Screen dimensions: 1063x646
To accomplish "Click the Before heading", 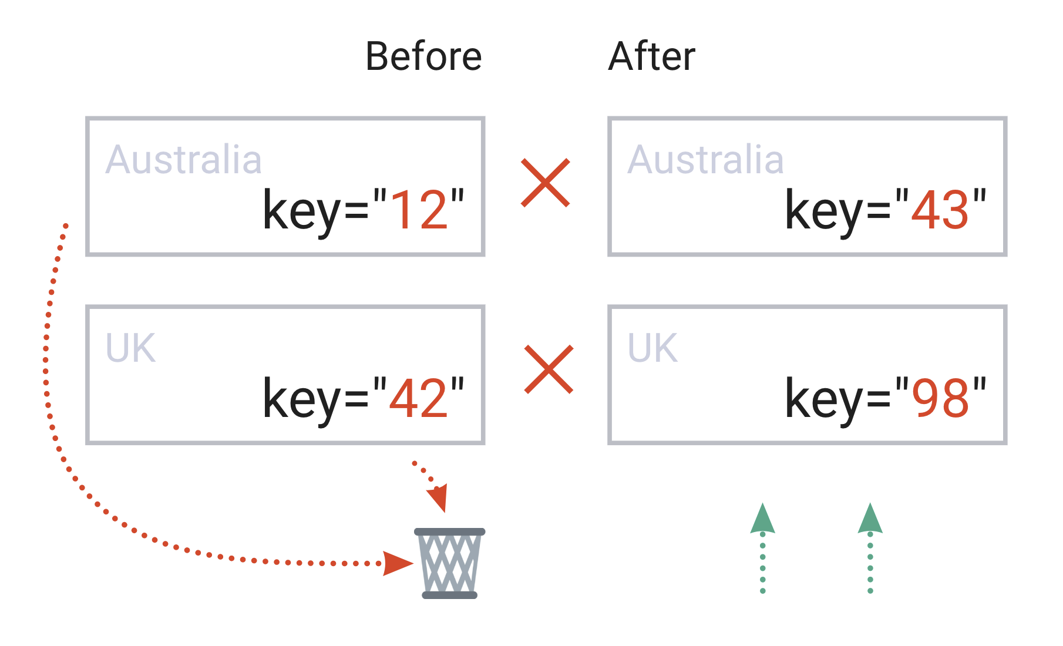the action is pyautogui.click(x=423, y=56).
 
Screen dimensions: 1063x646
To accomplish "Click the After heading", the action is pyautogui.click(x=652, y=56).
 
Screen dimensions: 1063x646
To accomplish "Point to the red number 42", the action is pyautogui.click(x=419, y=398).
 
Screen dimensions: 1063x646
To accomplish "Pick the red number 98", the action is pyautogui.click(x=940, y=398).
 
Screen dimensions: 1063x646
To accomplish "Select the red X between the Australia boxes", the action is pyautogui.click(x=546, y=183).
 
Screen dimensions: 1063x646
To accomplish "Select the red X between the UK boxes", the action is pyautogui.click(x=549, y=369).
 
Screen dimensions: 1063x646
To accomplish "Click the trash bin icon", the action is pyautogui.click(x=450, y=563).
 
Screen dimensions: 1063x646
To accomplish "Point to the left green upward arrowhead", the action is pyautogui.click(x=762, y=519).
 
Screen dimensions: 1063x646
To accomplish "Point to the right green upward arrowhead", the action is pyautogui.click(x=870, y=519).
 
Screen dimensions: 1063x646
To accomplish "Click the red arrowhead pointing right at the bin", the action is pyautogui.click(x=398, y=563).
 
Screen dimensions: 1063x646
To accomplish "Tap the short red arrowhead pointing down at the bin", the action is pyautogui.click(x=438, y=498).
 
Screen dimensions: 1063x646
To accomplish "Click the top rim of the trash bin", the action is pyautogui.click(x=450, y=531).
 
